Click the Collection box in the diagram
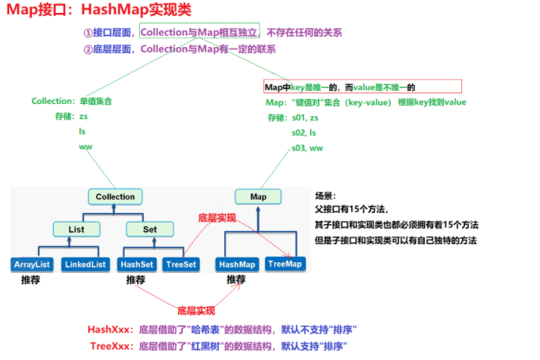click(115, 197)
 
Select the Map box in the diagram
click(258, 197)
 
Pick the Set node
click(149, 228)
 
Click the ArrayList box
click(32, 265)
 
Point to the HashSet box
click(136, 265)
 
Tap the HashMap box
click(237, 265)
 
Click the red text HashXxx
click(111, 330)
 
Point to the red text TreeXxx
click(111, 346)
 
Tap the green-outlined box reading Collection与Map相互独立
click(199, 32)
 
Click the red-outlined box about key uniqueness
click(361, 87)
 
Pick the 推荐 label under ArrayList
click(31, 280)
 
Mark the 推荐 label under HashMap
click(236, 280)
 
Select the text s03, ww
click(307, 147)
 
